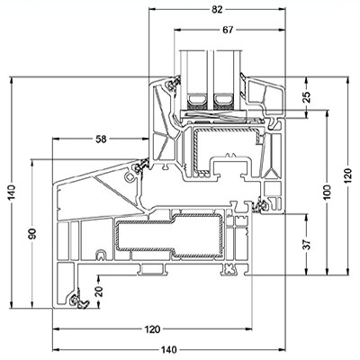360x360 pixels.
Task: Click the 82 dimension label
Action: tap(217, 10)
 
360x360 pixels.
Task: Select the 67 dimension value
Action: tap(228, 30)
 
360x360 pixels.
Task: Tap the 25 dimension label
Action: tap(307, 97)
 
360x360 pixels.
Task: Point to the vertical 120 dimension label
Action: tap(347, 176)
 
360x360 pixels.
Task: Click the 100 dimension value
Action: tap(327, 193)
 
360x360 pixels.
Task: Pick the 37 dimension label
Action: tap(307, 244)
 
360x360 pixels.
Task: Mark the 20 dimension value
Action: tap(100, 291)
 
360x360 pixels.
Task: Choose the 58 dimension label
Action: tap(101, 139)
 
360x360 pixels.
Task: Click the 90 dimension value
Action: tap(31, 234)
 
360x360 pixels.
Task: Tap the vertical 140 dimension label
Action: tap(12, 193)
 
